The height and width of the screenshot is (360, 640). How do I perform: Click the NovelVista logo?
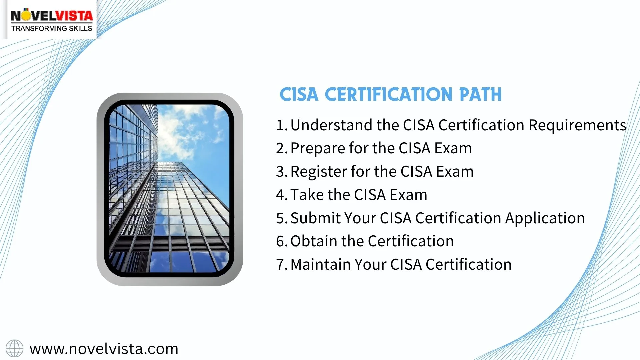(51, 20)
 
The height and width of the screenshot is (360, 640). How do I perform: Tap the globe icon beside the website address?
(14, 349)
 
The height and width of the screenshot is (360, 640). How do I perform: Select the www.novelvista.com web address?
(104, 349)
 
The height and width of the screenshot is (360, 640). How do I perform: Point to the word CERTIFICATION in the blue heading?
(388, 94)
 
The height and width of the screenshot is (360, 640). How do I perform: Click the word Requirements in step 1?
(577, 125)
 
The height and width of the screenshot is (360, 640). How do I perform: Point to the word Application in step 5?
(545, 218)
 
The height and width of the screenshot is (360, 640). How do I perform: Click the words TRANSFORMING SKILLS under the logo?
(52, 29)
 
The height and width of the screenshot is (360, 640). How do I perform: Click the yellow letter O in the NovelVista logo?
(26, 16)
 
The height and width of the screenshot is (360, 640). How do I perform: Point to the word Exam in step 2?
(453, 148)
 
